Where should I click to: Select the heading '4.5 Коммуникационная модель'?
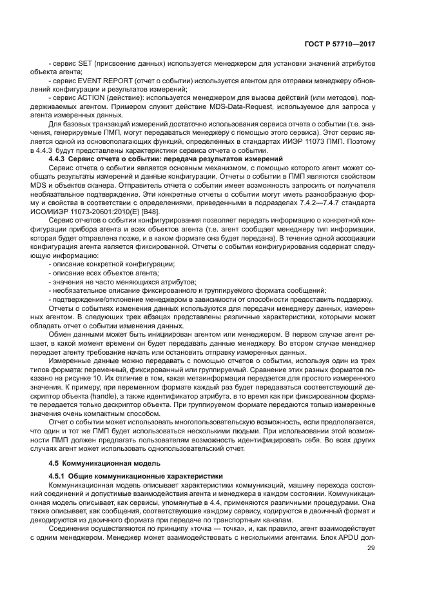point(99,464)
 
